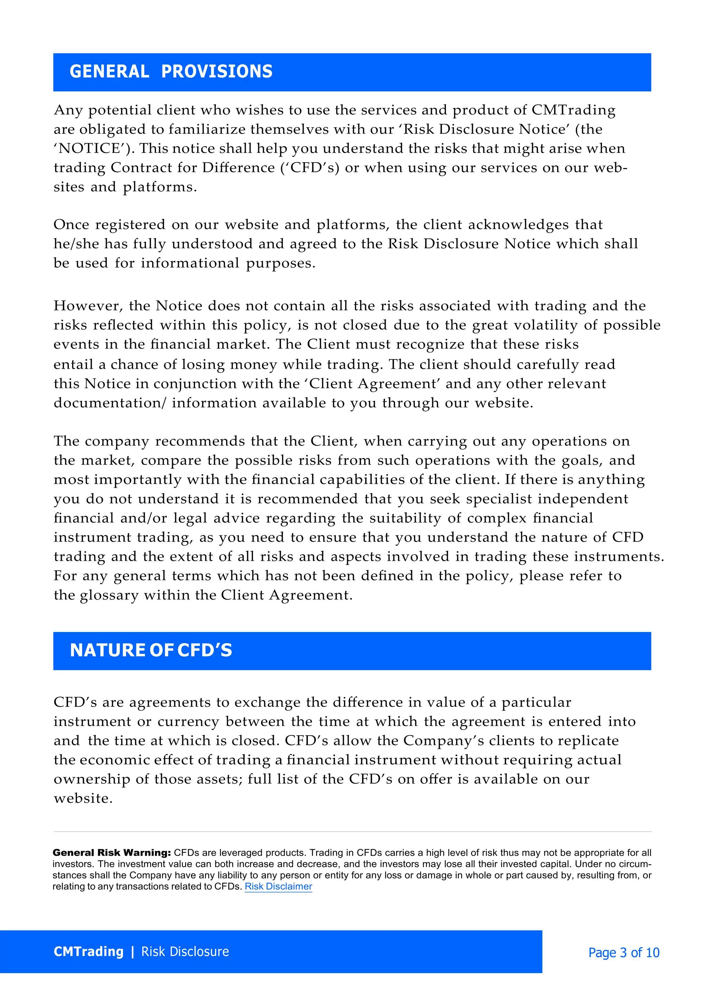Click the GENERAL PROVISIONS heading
pyautogui.click(x=171, y=72)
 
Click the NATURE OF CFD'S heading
pyautogui.click(x=151, y=650)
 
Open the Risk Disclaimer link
pyautogui.click(x=278, y=886)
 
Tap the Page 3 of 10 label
pyautogui.click(x=623, y=952)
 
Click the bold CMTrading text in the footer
pyautogui.click(x=88, y=952)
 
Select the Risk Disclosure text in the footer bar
pyautogui.click(x=185, y=952)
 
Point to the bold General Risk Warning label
pyautogui.click(x=112, y=853)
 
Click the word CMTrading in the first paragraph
pyautogui.click(x=573, y=110)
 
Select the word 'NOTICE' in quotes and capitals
pyautogui.click(x=91, y=148)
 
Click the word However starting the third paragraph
pyautogui.click(x=85, y=306)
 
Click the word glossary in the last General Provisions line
pyautogui.click(x=109, y=595)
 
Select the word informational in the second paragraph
pyautogui.click(x=190, y=263)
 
